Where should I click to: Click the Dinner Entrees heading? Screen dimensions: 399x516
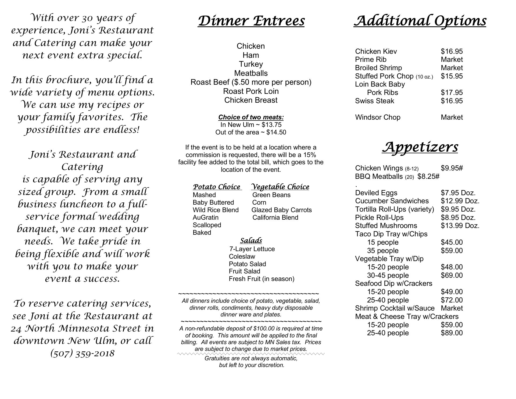251,21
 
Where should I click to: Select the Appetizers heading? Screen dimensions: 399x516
420,147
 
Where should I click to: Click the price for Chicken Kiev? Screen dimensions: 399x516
452,51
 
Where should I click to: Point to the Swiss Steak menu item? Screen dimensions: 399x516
374,101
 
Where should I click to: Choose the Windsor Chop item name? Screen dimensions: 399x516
378,117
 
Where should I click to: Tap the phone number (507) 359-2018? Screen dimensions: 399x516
82,353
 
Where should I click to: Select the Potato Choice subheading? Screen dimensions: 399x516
217,187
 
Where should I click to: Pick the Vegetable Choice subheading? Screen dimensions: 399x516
280,187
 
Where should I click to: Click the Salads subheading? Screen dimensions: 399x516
251,240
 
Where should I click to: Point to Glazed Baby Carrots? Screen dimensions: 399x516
282,210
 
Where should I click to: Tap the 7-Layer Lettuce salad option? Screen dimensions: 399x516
252,249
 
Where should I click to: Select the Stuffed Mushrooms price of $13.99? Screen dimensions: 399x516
460,226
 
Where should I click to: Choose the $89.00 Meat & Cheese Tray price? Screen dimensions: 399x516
452,333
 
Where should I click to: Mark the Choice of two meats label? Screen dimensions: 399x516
251,117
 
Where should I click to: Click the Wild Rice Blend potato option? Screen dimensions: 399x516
216,210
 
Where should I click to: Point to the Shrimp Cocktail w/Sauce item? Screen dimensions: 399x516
395,308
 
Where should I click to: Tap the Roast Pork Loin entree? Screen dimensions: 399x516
251,91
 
